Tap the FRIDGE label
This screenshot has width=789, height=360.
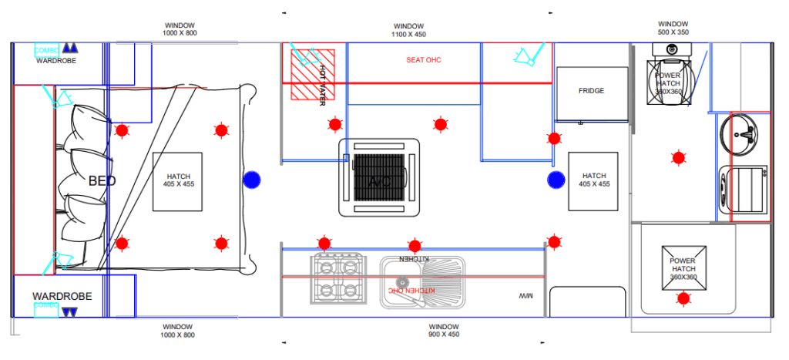click(591, 91)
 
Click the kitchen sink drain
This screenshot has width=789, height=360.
click(401, 281)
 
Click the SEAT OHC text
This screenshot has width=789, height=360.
click(424, 60)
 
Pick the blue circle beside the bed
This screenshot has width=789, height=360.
click(251, 180)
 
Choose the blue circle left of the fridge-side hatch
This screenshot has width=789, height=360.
click(556, 180)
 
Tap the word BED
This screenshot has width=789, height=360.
click(102, 181)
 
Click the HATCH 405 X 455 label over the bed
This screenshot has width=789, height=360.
click(178, 180)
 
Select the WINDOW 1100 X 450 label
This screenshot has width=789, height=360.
click(408, 30)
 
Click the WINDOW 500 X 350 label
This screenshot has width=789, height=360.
click(673, 29)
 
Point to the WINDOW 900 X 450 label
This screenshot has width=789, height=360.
click(443, 331)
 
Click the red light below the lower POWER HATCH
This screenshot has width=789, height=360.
click(683, 298)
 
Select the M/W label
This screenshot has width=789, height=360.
click(526, 296)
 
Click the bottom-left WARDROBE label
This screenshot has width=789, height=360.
click(62, 296)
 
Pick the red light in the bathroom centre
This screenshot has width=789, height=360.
click(678, 158)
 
